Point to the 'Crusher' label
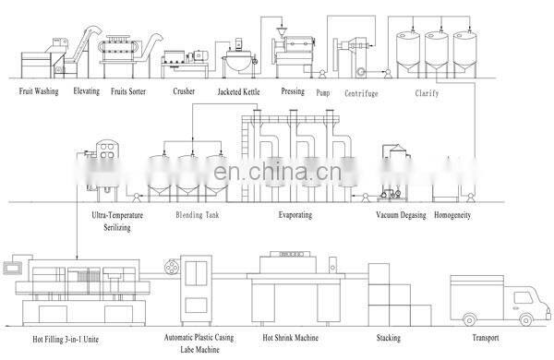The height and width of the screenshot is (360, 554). (184, 91)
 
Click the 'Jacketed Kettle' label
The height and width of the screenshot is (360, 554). (238, 91)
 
